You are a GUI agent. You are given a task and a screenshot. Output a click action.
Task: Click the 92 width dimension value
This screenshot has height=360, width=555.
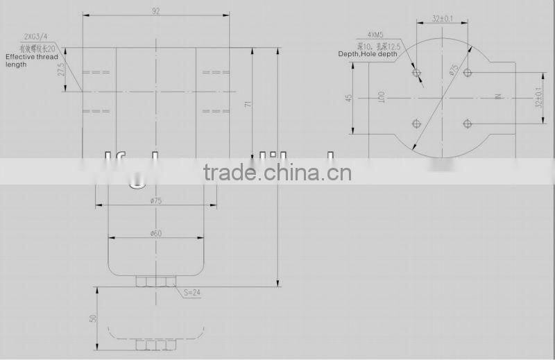pyautogui.click(x=155, y=10)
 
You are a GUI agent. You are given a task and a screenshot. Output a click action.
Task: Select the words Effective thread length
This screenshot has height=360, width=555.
pyautogui.click(x=31, y=60)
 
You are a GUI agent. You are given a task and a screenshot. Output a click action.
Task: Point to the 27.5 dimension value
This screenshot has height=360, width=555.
pyautogui.click(x=60, y=69)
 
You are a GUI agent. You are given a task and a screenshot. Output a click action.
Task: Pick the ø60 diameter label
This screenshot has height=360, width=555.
pyautogui.click(x=155, y=233)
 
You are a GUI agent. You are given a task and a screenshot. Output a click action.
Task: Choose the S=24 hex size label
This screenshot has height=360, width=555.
pyautogui.click(x=192, y=293)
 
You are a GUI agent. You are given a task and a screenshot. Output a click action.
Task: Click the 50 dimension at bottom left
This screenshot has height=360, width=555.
pyautogui.click(x=92, y=318)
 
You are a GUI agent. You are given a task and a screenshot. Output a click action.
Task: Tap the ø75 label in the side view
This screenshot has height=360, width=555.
pyautogui.click(x=155, y=200)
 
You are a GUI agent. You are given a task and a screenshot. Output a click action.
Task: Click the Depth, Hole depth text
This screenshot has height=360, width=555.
pyautogui.click(x=368, y=53)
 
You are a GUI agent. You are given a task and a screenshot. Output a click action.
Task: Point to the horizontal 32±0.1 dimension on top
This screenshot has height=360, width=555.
pyautogui.click(x=441, y=19)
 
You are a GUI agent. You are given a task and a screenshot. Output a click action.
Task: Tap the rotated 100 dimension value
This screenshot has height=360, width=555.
pyautogui.click(x=381, y=98)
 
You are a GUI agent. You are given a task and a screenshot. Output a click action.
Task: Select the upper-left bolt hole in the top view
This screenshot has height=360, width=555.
pyautogui.click(x=416, y=72)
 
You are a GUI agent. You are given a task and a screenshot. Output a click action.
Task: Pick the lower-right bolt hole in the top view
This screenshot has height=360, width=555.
pyautogui.click(x=467, y=123)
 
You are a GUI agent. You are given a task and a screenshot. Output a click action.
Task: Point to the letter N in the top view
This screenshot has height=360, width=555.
pyautogui.click(x=497, y=98)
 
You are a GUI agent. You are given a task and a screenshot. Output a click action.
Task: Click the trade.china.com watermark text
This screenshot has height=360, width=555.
pyautogui.click(x=277, y=172)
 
